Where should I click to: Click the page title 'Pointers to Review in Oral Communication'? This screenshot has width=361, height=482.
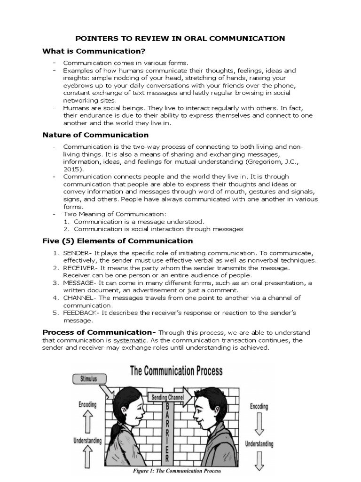point(180,39)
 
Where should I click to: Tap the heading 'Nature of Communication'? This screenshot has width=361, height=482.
point(92,135)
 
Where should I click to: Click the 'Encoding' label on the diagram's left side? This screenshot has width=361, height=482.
point(88,404)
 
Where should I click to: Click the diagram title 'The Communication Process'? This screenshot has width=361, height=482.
point(175,371)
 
